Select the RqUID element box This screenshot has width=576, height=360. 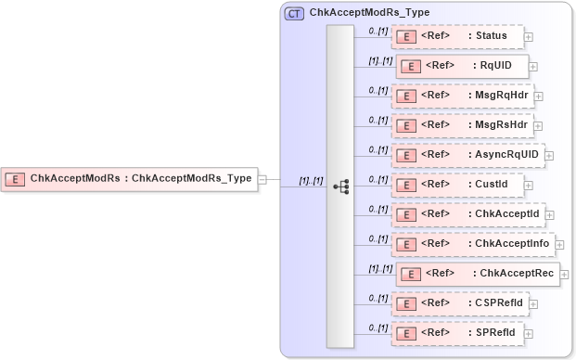click(x=462, y=67)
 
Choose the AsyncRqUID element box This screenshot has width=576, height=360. click(x=467, y=155)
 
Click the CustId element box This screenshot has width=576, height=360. click(x=457, y=185)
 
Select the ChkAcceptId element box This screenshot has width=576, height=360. click(x=467, y=214)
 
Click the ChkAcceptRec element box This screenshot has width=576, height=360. click(x=477, y=274)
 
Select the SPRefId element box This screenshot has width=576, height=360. click(x=457, y=333)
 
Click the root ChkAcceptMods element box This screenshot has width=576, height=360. click(x=129, y=179)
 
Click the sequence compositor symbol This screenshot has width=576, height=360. click(x=340, y=186)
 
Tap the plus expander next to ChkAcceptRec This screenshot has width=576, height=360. click(x=565, y=275)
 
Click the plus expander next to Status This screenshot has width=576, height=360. click(x=529, y=38)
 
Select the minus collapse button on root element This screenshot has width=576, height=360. click(x=262, y=179)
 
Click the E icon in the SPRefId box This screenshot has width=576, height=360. click(x=404, y=333)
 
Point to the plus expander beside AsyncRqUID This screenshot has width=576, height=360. click(x=549, y=156)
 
